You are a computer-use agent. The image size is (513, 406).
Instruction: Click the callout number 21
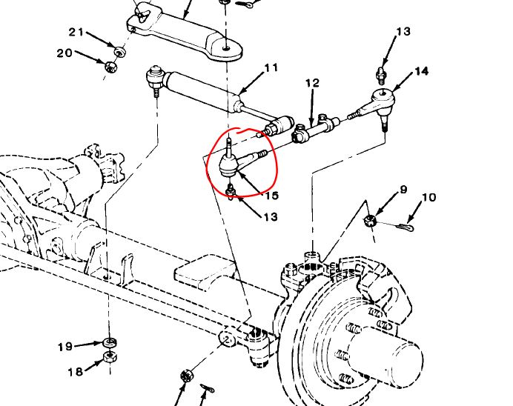pyautogui.click(x=76, y=31)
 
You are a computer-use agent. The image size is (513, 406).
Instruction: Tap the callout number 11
pyautogui.click(x=271, y=68)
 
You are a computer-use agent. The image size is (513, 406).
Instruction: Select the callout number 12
pyautogui.click(x=312, y=84)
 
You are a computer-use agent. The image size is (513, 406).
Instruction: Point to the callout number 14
pyautogui.click(x=421, y=71)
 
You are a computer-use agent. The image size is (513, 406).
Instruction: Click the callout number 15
pyautogui.click(x=271, y=196)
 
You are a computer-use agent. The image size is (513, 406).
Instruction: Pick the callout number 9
pyautogui.click(x=403, y=190)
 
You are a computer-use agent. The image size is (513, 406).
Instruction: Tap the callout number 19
pyautogui.click(x=66, y=346)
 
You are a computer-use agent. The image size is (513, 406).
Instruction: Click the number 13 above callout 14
pyautogui.click(x=403, y=32)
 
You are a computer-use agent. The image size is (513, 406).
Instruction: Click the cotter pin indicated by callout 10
pyautogui.click(x=403, y=225)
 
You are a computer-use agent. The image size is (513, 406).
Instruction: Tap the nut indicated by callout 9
pyautogui.click(x=372, y=219)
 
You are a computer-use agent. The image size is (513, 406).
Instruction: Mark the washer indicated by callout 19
pyautogui.click(x=110, y=342)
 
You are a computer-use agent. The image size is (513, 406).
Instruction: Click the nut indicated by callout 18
pyautogui.click(x=110, y=357)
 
